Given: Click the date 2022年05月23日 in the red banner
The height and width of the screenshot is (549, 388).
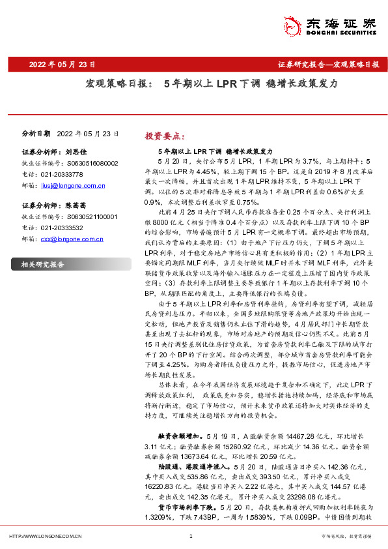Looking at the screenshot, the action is [x=62, y=65].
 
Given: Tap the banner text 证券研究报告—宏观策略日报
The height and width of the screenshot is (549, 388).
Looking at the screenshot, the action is [x=328, y=65].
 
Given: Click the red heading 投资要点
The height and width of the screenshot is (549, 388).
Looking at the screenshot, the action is [x=165, y=136].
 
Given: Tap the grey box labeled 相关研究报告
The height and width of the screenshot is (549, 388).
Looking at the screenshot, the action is [x=43, y=265].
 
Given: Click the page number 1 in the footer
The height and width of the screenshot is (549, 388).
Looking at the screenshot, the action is [x=191, y=537].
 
